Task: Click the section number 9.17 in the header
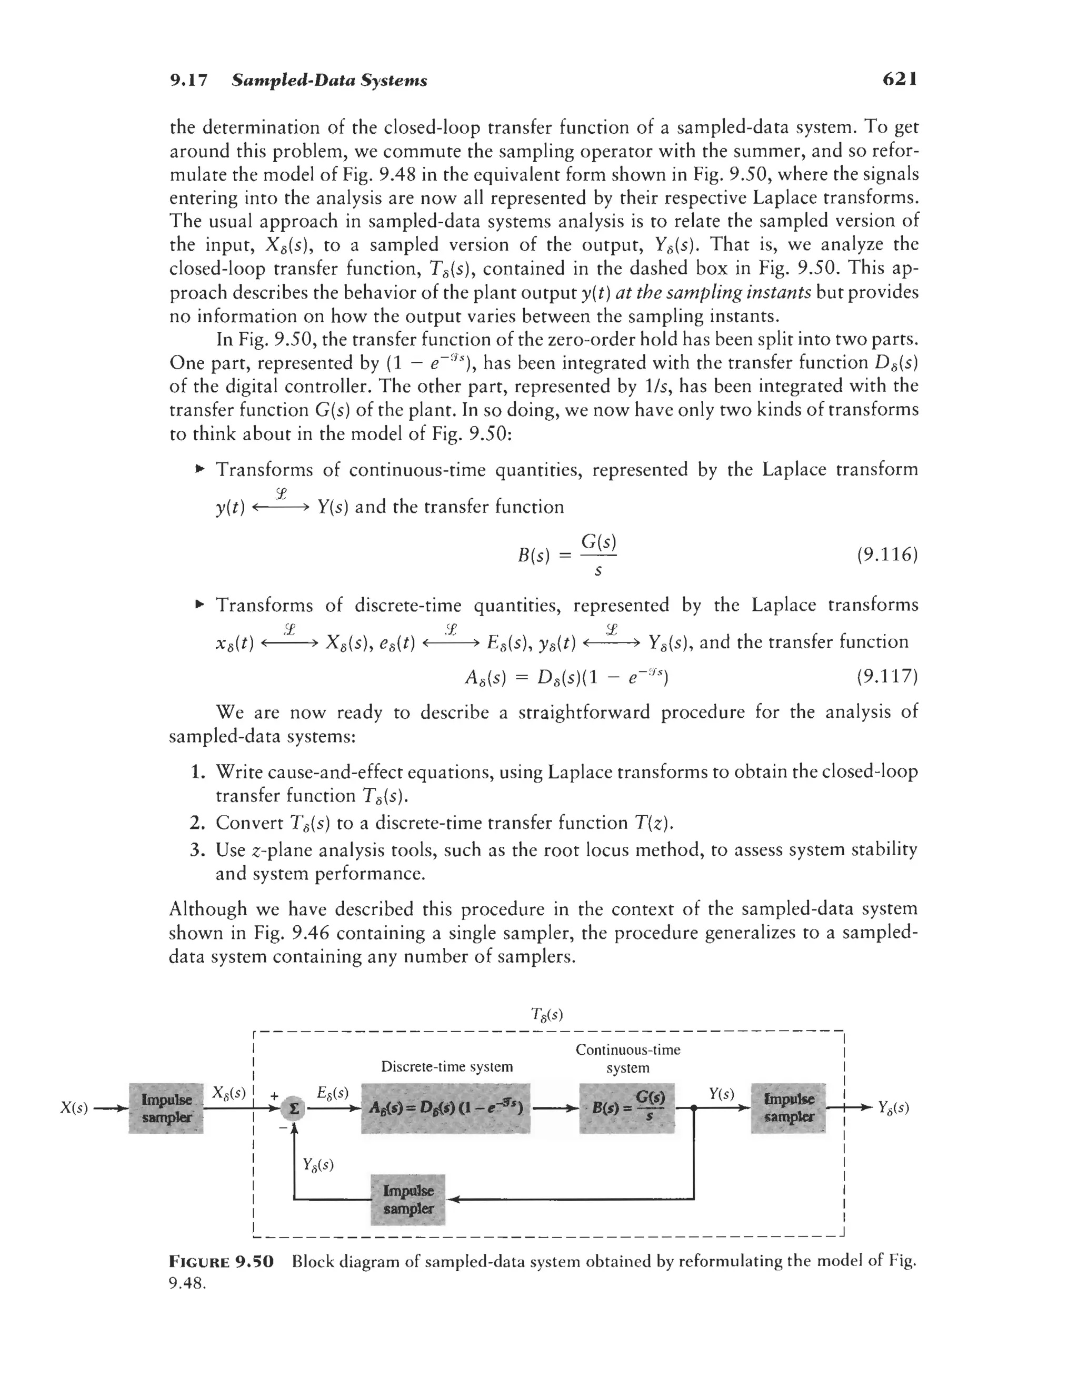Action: [x=188, y=81]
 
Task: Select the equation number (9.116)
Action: [x=887, y=555]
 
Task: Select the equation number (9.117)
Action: [x=887, y=676]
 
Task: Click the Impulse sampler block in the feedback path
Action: [x=408, y=1200]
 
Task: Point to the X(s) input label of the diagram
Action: [x=74, y=1107]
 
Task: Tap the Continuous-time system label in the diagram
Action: [x=628, y=1058]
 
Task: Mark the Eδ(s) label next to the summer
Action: [x=332, y=1092]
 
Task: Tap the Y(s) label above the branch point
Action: [x=722, y=1094]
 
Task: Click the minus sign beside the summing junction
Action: [x=282, y=1129]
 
